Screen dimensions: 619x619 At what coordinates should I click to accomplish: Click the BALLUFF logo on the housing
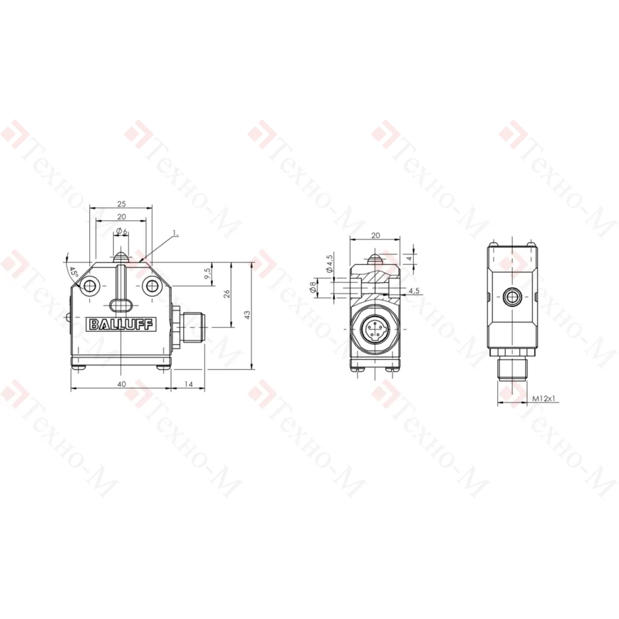(121, 324)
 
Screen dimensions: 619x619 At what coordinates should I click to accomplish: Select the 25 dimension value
(121, 204)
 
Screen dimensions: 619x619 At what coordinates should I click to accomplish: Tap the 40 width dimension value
(121, 384)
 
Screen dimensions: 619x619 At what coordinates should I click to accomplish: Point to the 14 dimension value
(189, 384)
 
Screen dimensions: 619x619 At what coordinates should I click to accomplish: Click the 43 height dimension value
(247, 314)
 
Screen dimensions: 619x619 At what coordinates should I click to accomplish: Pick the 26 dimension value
(227, 293)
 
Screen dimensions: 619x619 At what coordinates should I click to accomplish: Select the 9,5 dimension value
(207, 273)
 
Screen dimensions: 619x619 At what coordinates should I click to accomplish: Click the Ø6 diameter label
(122, 232)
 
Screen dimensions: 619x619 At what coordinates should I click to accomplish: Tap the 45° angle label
(74, 272)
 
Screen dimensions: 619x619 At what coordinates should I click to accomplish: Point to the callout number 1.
(176, 233)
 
